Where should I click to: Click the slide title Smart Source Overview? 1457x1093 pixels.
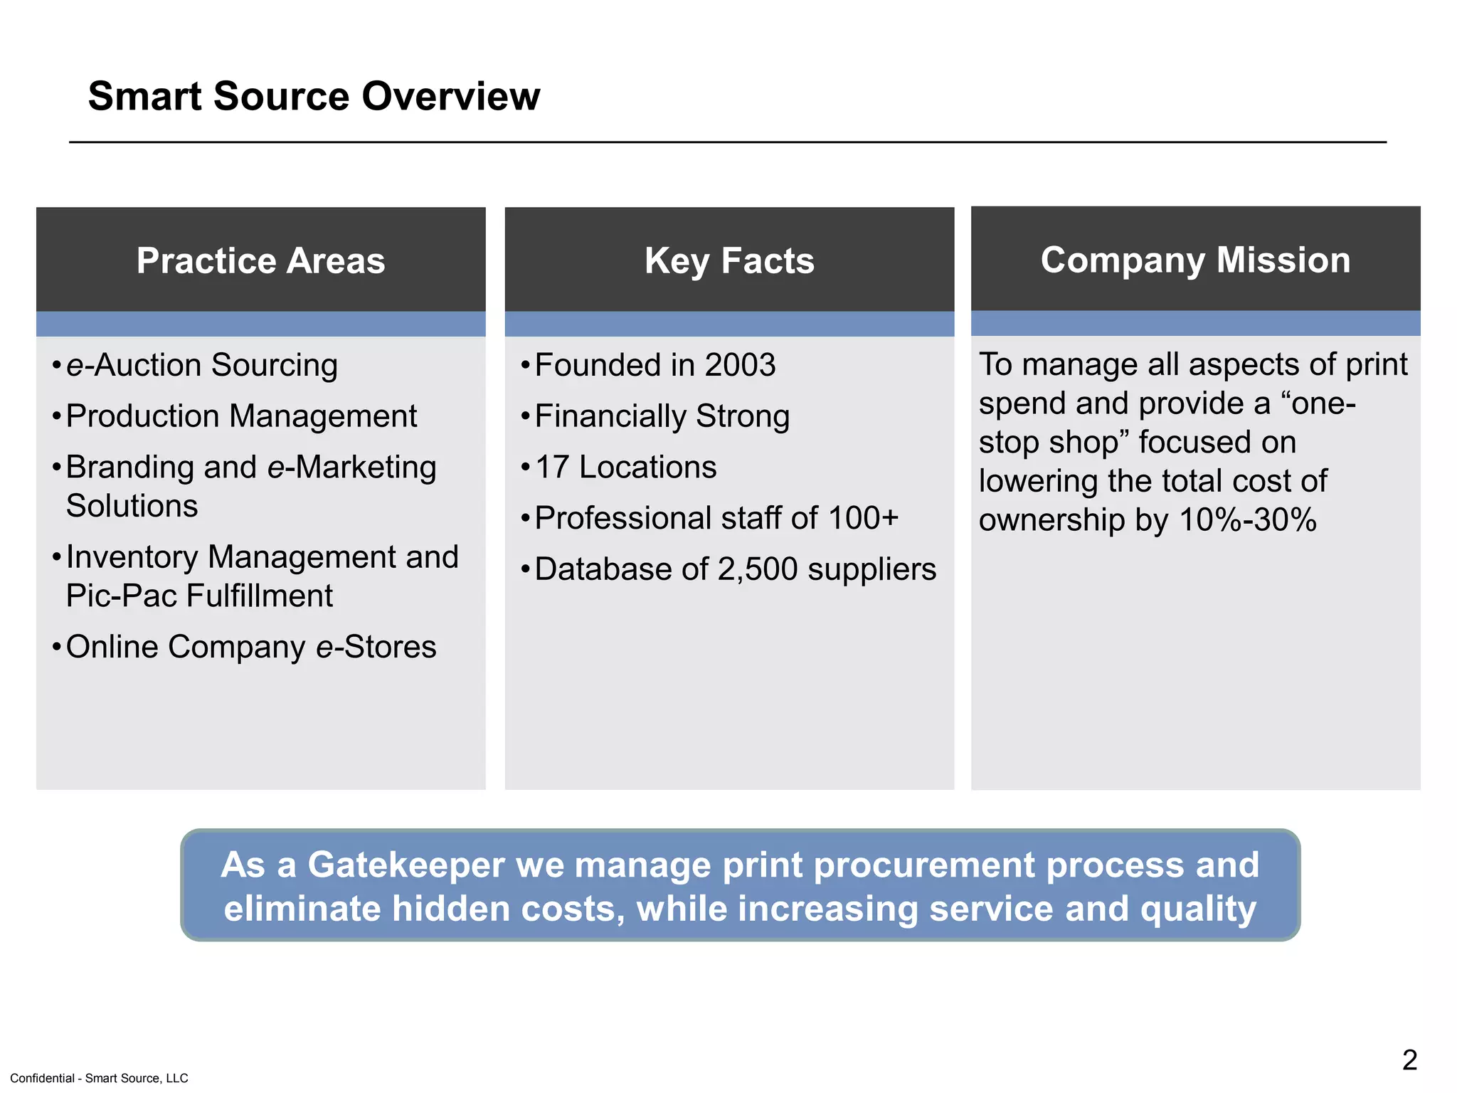coord(314,96)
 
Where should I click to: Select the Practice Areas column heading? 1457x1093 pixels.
coord(260,260)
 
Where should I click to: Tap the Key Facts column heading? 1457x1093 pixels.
coord(729,260)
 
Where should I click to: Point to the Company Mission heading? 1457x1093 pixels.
coord(1195,260)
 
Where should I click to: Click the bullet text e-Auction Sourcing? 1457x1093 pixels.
coord(201,366)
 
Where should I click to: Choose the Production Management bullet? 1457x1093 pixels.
coord(241,416)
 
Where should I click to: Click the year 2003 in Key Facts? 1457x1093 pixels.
coord(740,366)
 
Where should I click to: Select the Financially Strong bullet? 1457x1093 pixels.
coord(662,416)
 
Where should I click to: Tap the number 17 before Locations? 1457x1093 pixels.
coord(552,468)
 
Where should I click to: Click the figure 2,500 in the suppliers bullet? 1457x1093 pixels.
coord(758,570)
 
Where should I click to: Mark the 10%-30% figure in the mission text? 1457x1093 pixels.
coord(1248,520)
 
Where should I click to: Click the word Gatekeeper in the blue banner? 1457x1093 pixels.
coord(405,865)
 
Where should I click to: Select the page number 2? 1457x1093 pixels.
coord(1409,1060)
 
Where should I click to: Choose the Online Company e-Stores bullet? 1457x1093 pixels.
coord(250,648)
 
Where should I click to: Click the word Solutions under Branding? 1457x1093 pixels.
coord(132,506)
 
